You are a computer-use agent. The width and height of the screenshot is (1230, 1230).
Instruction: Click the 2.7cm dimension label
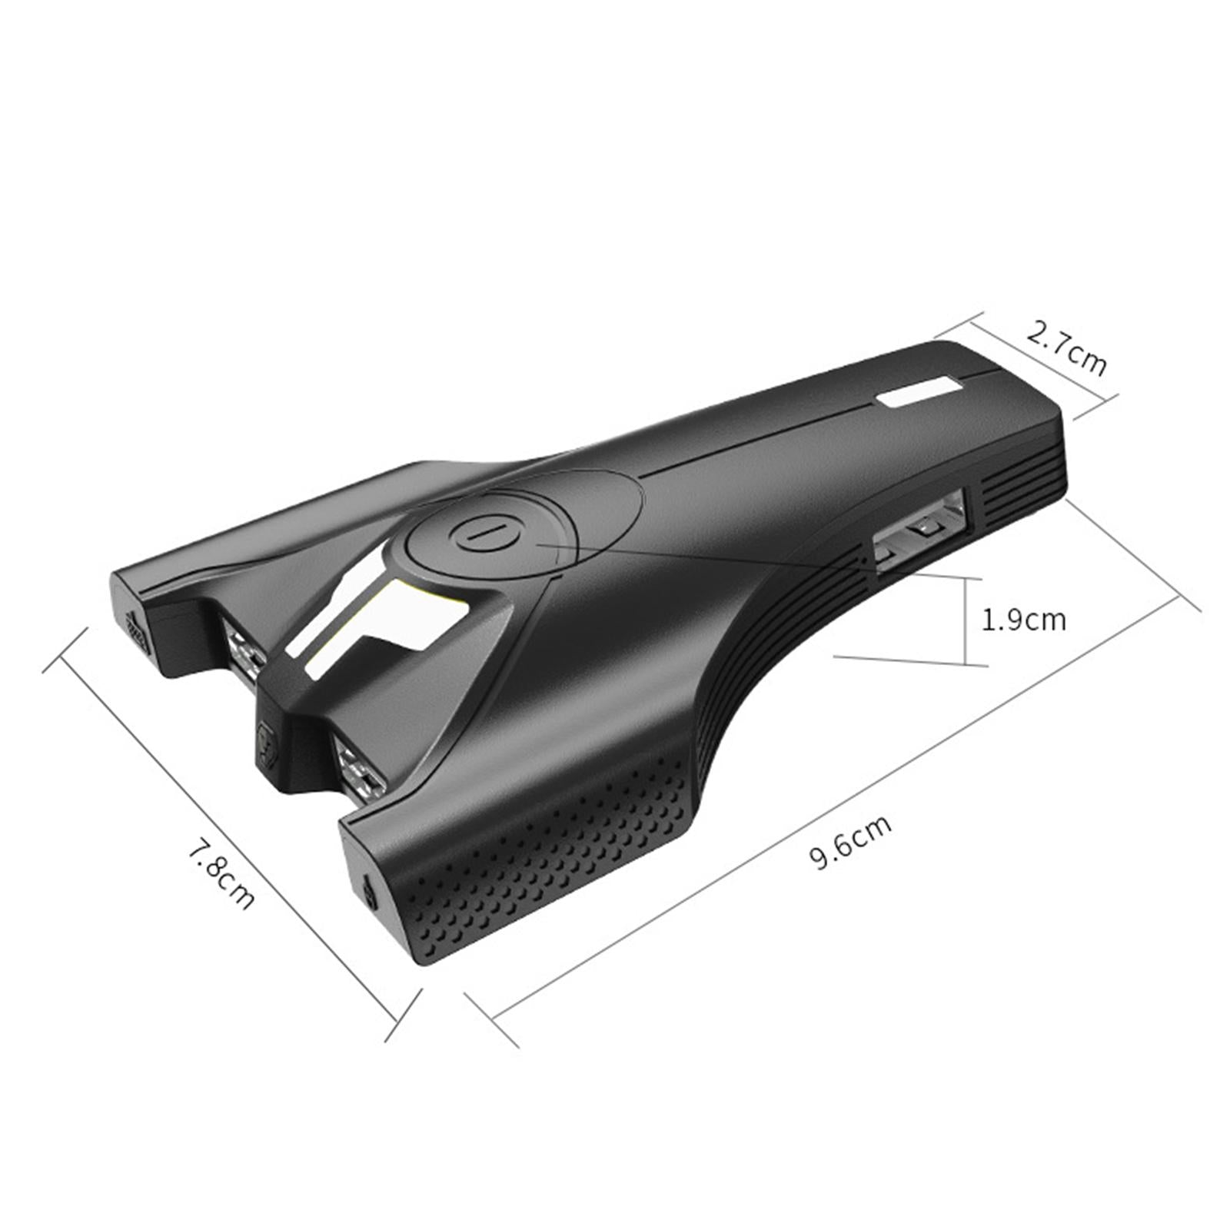pos(1066,349)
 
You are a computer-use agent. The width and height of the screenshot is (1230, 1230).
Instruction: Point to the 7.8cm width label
pos(221,876)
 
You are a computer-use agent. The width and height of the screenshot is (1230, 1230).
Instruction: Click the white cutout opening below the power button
pos(384,623)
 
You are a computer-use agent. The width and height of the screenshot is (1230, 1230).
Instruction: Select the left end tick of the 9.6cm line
pos(492,1019)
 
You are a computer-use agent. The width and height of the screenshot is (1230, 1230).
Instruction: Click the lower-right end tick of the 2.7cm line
pos(1095,407)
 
